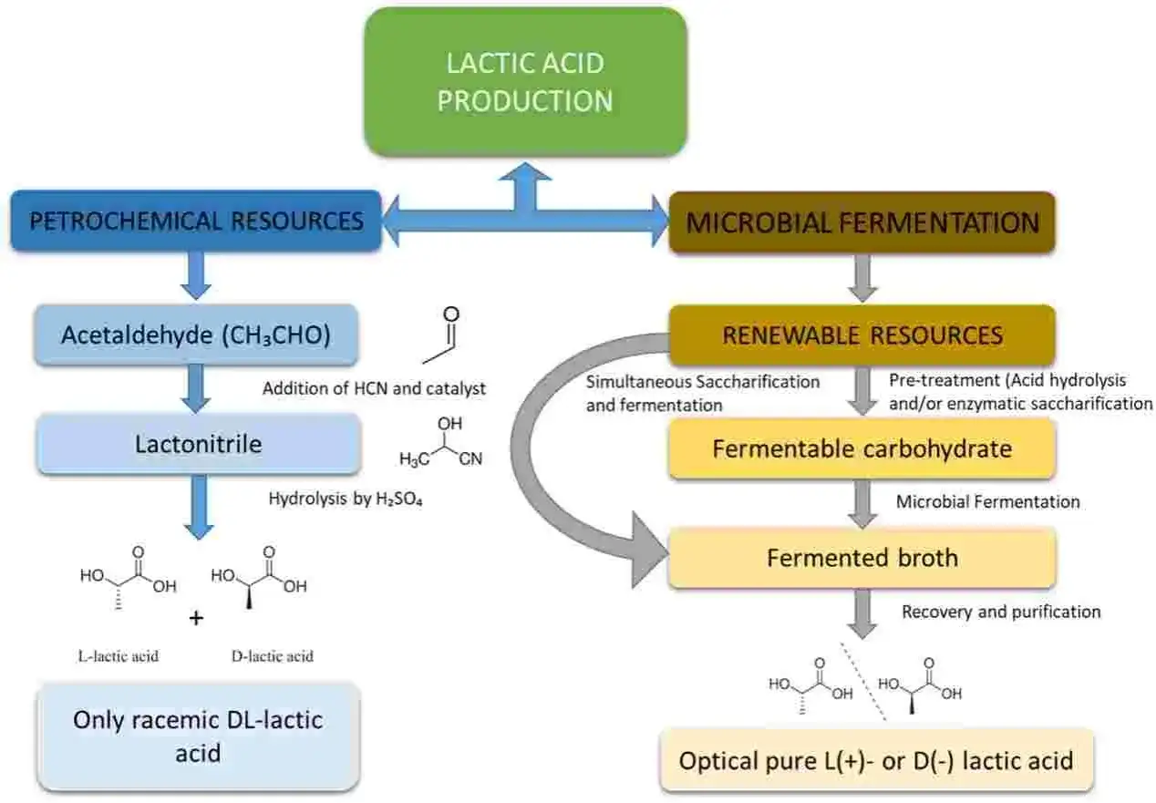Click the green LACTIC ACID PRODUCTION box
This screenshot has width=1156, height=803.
coord(525,81)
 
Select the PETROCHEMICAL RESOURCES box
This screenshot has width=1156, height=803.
coord(196,221)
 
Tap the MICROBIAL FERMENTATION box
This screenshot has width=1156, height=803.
coord(862,222)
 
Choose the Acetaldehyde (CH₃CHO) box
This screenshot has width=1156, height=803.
coord(196,335)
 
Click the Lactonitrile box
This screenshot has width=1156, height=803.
coord(199,444)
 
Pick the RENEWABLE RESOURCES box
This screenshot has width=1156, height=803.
coord(862,335)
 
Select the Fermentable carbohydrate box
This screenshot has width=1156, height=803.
coord(862,448)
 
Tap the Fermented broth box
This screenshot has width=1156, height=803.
coord(862,558)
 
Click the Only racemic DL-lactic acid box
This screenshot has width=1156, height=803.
coord(198,736)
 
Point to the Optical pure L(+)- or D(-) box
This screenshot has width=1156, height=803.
coord(876,760)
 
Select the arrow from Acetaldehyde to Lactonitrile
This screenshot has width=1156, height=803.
coord(196,388)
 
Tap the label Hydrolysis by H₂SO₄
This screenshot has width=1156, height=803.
coord(346,499)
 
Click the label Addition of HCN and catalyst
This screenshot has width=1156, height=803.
coord(374,388)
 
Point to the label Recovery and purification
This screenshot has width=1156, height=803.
coord(1001,612)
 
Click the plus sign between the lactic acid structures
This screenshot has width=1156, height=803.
coord(196,618)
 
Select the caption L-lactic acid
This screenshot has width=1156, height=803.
coord(119,656)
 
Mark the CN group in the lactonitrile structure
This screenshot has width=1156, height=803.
coord(470,458)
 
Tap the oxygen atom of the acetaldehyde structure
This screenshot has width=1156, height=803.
coord(451,314)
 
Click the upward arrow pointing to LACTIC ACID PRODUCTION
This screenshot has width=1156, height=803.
coord(525,187)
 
